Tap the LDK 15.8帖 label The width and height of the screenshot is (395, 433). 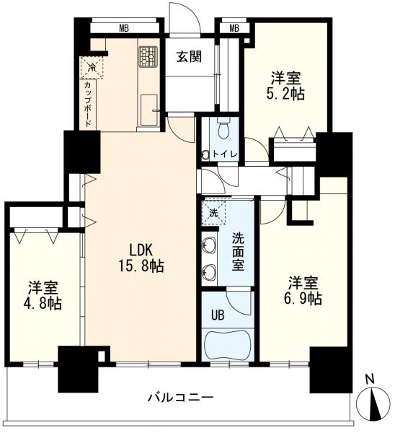[146, 258]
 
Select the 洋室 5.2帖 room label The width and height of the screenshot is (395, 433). [286, 85]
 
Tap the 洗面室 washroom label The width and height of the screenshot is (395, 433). [239, 249]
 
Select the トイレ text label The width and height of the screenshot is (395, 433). [230, 154]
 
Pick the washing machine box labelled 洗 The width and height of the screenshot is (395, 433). [213, 214]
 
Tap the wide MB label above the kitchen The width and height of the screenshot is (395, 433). [123, 29]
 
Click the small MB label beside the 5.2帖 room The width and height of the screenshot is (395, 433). [234, 29]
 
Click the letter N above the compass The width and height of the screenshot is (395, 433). [368, 379]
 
